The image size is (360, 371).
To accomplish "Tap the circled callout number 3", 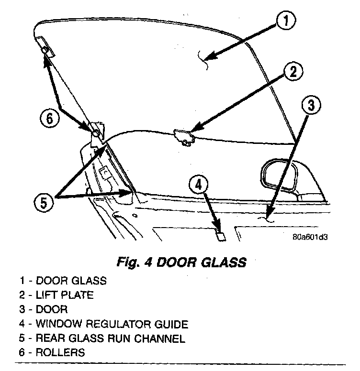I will tap(311, 106).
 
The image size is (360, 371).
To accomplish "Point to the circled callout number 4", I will tap(200, 185).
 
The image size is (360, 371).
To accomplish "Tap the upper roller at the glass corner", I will tap(45, 50).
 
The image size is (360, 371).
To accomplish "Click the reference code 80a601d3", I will tap(313, 236).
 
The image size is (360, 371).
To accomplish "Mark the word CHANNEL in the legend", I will tap(162, 338).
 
